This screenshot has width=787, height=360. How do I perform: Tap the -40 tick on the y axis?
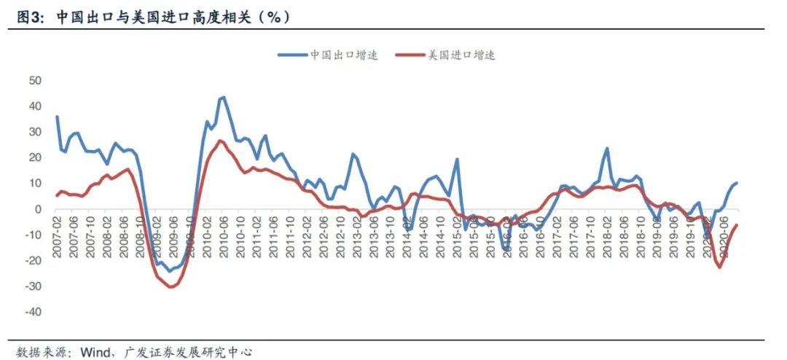pos(33,312)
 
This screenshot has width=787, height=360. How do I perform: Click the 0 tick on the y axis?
pos(39,209)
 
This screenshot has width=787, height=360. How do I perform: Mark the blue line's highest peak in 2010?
pos(223,97)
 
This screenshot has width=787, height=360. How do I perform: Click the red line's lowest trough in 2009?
pos(172,287)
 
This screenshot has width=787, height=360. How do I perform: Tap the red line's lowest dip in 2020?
pos(720,267)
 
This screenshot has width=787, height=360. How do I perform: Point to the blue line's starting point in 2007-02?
pos(57,117)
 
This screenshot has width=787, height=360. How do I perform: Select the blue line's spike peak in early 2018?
pos(606,149)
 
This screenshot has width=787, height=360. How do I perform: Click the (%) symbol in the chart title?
pos(274,15)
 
